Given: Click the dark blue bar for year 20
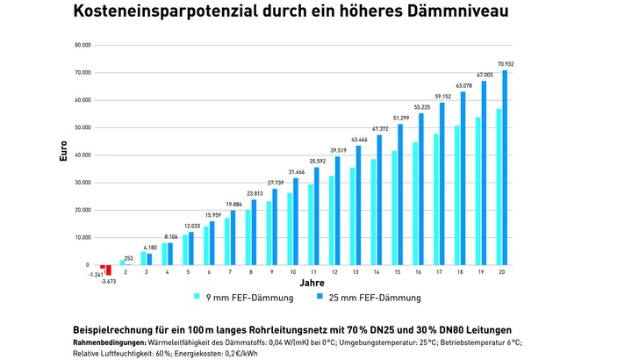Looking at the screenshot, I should pyautogui.click(x=505, y=167).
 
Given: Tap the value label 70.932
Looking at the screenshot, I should pyautogui.click(x=506, y=64).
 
